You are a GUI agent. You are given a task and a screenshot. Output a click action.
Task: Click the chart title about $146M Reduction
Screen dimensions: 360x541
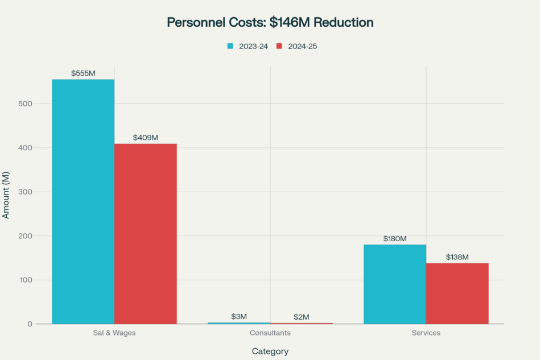click(x=270, y=22)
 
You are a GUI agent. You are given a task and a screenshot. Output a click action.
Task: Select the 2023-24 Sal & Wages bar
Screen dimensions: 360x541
click(x=83, y=201)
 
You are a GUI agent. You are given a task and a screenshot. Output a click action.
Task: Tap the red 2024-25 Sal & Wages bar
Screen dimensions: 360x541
click(x=146, y=234)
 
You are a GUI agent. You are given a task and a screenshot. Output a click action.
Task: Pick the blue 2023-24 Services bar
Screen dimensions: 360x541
click(x=395, y=284)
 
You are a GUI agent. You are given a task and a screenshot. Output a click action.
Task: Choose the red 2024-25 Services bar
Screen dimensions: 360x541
click(x=457, y=293)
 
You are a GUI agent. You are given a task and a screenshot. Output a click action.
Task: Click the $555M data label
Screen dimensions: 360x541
click(x=83, y=73)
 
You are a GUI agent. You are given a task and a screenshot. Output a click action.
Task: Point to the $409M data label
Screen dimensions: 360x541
click(x=146, y=138)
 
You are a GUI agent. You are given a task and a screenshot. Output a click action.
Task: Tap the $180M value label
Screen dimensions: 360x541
click(x=395, y=239)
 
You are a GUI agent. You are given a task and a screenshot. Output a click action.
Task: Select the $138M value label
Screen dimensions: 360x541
click(x=457, y=257)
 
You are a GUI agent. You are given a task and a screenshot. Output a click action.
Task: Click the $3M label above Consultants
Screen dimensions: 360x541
click(x=239, y=317)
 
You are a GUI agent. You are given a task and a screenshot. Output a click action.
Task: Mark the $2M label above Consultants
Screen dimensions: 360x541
click(x=302, y=317)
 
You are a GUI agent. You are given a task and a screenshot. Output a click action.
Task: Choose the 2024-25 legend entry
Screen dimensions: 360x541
click(x=297, y=46)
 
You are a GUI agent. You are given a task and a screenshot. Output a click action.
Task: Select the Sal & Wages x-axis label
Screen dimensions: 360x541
click(x=114, y=333)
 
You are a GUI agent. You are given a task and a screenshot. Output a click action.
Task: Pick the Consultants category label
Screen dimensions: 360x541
click(x=270, y=333)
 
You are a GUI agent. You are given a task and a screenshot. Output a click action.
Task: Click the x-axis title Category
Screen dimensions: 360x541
click(x=270, y=351)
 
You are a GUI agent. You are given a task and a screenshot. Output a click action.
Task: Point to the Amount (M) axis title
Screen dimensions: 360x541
click(x=6, y=195)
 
